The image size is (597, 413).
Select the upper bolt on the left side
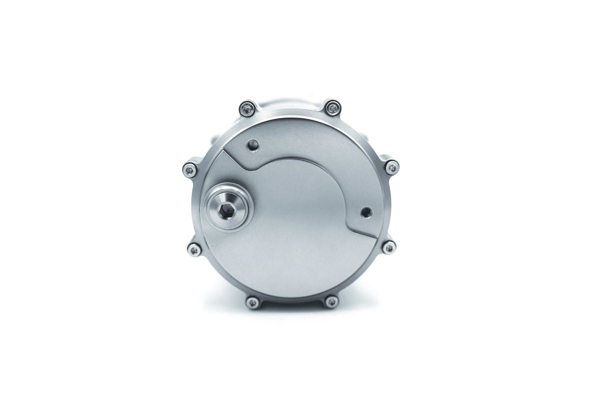point(190,170)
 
